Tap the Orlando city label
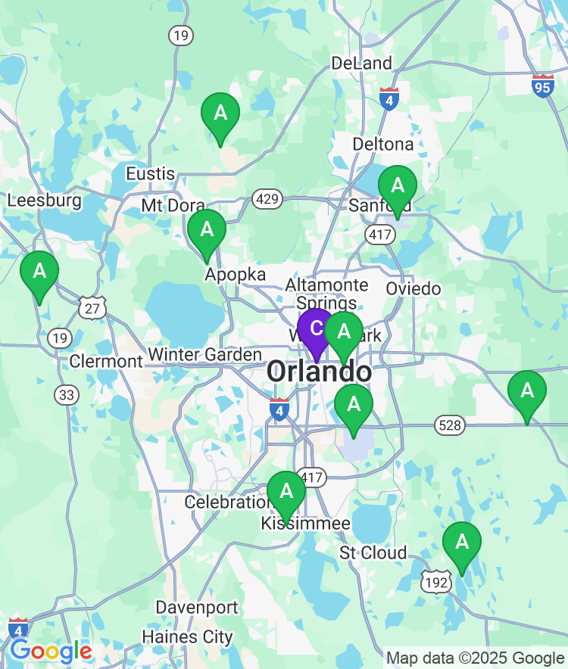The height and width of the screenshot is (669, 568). [x=319, y=372]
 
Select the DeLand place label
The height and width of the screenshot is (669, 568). [x=361, y=63]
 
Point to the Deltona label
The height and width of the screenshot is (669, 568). [x=383, y=144]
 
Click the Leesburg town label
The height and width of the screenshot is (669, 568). [x=44, y=201]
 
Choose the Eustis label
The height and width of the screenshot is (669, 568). [x=150, y=173]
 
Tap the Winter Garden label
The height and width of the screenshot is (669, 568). [x=205, y=354]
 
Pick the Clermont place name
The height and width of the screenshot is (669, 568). [x=106, y=361]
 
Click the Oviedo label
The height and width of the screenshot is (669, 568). [x=413, y=288]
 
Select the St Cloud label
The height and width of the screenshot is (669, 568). [x=373, y=552]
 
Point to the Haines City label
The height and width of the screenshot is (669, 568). [x=188, y=636]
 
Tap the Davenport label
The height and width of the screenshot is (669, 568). [x=197, y=607]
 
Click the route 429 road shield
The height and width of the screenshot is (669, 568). [x=268, y=200]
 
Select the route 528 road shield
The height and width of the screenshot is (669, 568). [x=449, y=425]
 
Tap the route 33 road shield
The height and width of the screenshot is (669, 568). [x=67, y=394]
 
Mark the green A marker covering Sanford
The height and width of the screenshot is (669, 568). [x=397, y=188]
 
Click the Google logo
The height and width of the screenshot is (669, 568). [x=51, y=651]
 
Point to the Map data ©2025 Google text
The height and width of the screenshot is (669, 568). [x=476, y=658]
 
